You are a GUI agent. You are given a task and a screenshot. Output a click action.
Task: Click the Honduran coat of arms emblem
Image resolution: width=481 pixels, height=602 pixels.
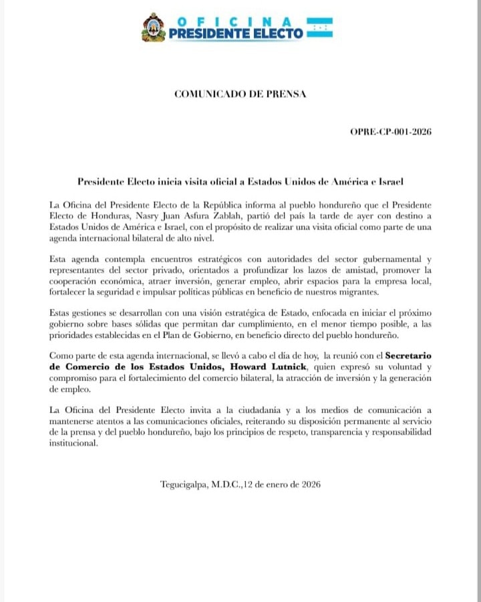tap(153, 27)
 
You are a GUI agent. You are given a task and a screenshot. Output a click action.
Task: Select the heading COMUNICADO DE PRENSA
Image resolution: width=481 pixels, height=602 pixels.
tap(240, 94)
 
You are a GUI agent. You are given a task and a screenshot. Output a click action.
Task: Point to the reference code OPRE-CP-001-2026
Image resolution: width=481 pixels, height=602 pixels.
tap(390, 132)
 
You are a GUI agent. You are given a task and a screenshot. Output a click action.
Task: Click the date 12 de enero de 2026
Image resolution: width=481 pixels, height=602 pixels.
tap(282, 484)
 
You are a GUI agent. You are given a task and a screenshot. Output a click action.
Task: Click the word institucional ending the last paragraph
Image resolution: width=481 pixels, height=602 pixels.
tap(73, 443)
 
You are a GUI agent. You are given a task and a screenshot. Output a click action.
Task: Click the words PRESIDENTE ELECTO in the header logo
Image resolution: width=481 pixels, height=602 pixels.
tap(236, 33)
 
